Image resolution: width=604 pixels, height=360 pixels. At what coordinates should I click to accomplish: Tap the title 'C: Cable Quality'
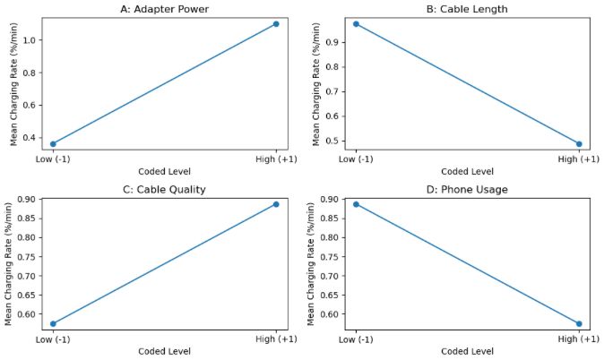[165, 189]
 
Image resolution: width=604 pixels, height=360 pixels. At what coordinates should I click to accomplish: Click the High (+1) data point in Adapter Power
[276, 23]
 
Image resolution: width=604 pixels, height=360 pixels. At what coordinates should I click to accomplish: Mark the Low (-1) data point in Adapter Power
[53, 143]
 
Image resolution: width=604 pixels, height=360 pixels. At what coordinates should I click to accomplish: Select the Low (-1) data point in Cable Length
[356, 23]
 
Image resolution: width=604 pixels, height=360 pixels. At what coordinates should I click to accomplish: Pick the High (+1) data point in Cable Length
[579, 143]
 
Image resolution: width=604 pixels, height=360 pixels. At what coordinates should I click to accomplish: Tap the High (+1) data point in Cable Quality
[276, 204]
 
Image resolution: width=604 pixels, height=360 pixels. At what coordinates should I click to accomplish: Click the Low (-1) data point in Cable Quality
[53, 323]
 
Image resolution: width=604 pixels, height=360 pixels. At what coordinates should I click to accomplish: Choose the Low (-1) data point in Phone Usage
[356, 204]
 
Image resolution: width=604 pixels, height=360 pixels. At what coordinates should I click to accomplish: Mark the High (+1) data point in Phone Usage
[579, 323]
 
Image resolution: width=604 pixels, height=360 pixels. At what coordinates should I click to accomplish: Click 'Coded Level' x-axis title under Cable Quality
[165, 352]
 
